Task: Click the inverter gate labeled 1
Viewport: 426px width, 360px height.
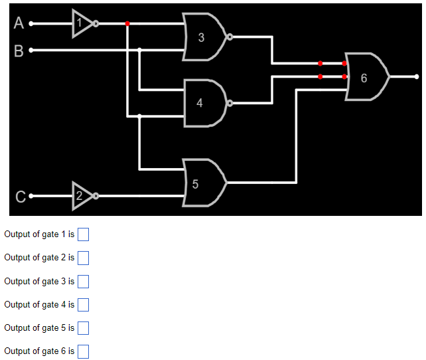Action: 82,24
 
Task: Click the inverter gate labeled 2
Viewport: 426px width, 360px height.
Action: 82,196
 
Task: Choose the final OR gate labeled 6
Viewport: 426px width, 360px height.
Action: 366,77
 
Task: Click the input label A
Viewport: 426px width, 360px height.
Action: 19,24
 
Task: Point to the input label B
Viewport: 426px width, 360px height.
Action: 19,50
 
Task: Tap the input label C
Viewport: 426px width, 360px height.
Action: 20,197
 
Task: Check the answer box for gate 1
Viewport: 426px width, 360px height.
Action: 84,234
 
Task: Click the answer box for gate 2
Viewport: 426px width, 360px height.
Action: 84,258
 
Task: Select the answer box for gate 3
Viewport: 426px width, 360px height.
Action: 84,282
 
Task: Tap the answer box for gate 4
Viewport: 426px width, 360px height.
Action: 84,305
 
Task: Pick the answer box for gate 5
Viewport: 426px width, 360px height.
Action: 84,328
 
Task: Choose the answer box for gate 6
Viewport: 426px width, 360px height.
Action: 84,351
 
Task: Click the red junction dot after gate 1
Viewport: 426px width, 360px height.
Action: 127,24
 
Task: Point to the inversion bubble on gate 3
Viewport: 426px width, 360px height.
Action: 230,37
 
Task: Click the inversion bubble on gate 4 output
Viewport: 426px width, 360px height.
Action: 230,103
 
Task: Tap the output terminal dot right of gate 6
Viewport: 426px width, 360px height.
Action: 417,77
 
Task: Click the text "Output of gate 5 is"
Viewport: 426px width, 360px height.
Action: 39,328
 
